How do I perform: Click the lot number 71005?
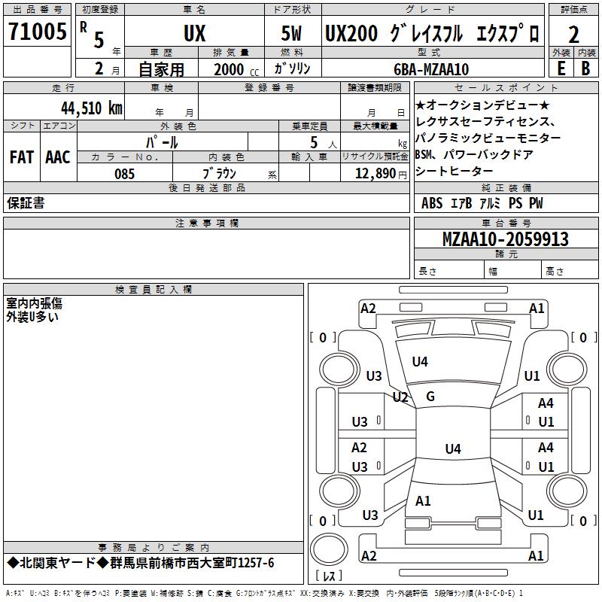(37, 31)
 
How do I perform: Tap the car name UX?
(195, 33)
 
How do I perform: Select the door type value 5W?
(291, 33)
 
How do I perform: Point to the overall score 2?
(573, 35)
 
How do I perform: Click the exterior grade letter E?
(561, 68)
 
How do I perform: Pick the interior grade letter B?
(585, 68)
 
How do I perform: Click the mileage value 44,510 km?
(92, 108)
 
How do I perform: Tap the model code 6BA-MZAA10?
(431, 69)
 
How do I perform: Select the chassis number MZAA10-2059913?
(505, 239)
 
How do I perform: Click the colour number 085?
(124, 174)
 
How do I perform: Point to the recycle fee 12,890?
(375, 174)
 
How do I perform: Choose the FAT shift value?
(22, 157)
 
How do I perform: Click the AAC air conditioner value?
(58, 157)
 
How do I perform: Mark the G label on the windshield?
(430, 397)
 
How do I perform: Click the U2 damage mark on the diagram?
(400, 397)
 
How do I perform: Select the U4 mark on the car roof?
(453, 448)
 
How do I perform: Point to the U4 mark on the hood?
(420, 361)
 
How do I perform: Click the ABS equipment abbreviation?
(432, 203)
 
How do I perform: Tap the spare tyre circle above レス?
(329, 549)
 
